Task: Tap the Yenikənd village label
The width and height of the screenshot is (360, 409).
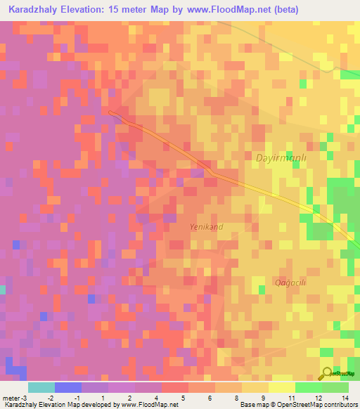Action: pyautogui.click(x=207, y=227)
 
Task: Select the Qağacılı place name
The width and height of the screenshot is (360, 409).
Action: pyautogui.click(x=289, y=282)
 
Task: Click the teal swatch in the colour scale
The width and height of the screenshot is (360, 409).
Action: pyautogui.click(x=41, y=387)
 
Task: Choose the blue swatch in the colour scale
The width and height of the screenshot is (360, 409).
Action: pyautogui.click(x=68, y=387)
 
